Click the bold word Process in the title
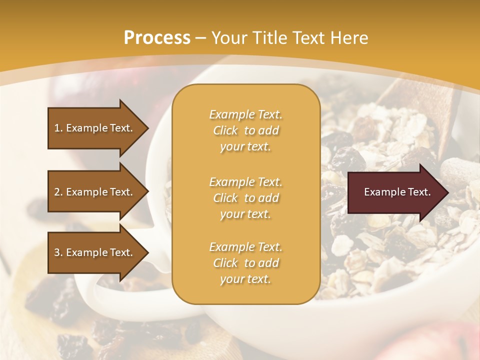point(157,38)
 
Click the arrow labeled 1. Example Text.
point(95,128)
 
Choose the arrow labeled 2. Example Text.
point(95,192)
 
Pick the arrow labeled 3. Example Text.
point(95,252)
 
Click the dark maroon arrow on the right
point(395,192)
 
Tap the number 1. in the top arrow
point(58,128)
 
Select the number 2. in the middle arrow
point(58,192)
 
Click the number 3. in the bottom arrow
point(58,252)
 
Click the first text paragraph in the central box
point(245,130)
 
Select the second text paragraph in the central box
point(245,198)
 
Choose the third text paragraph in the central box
point(245,263)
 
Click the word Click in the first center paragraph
point(225,130)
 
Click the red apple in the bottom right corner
point(440,342)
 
